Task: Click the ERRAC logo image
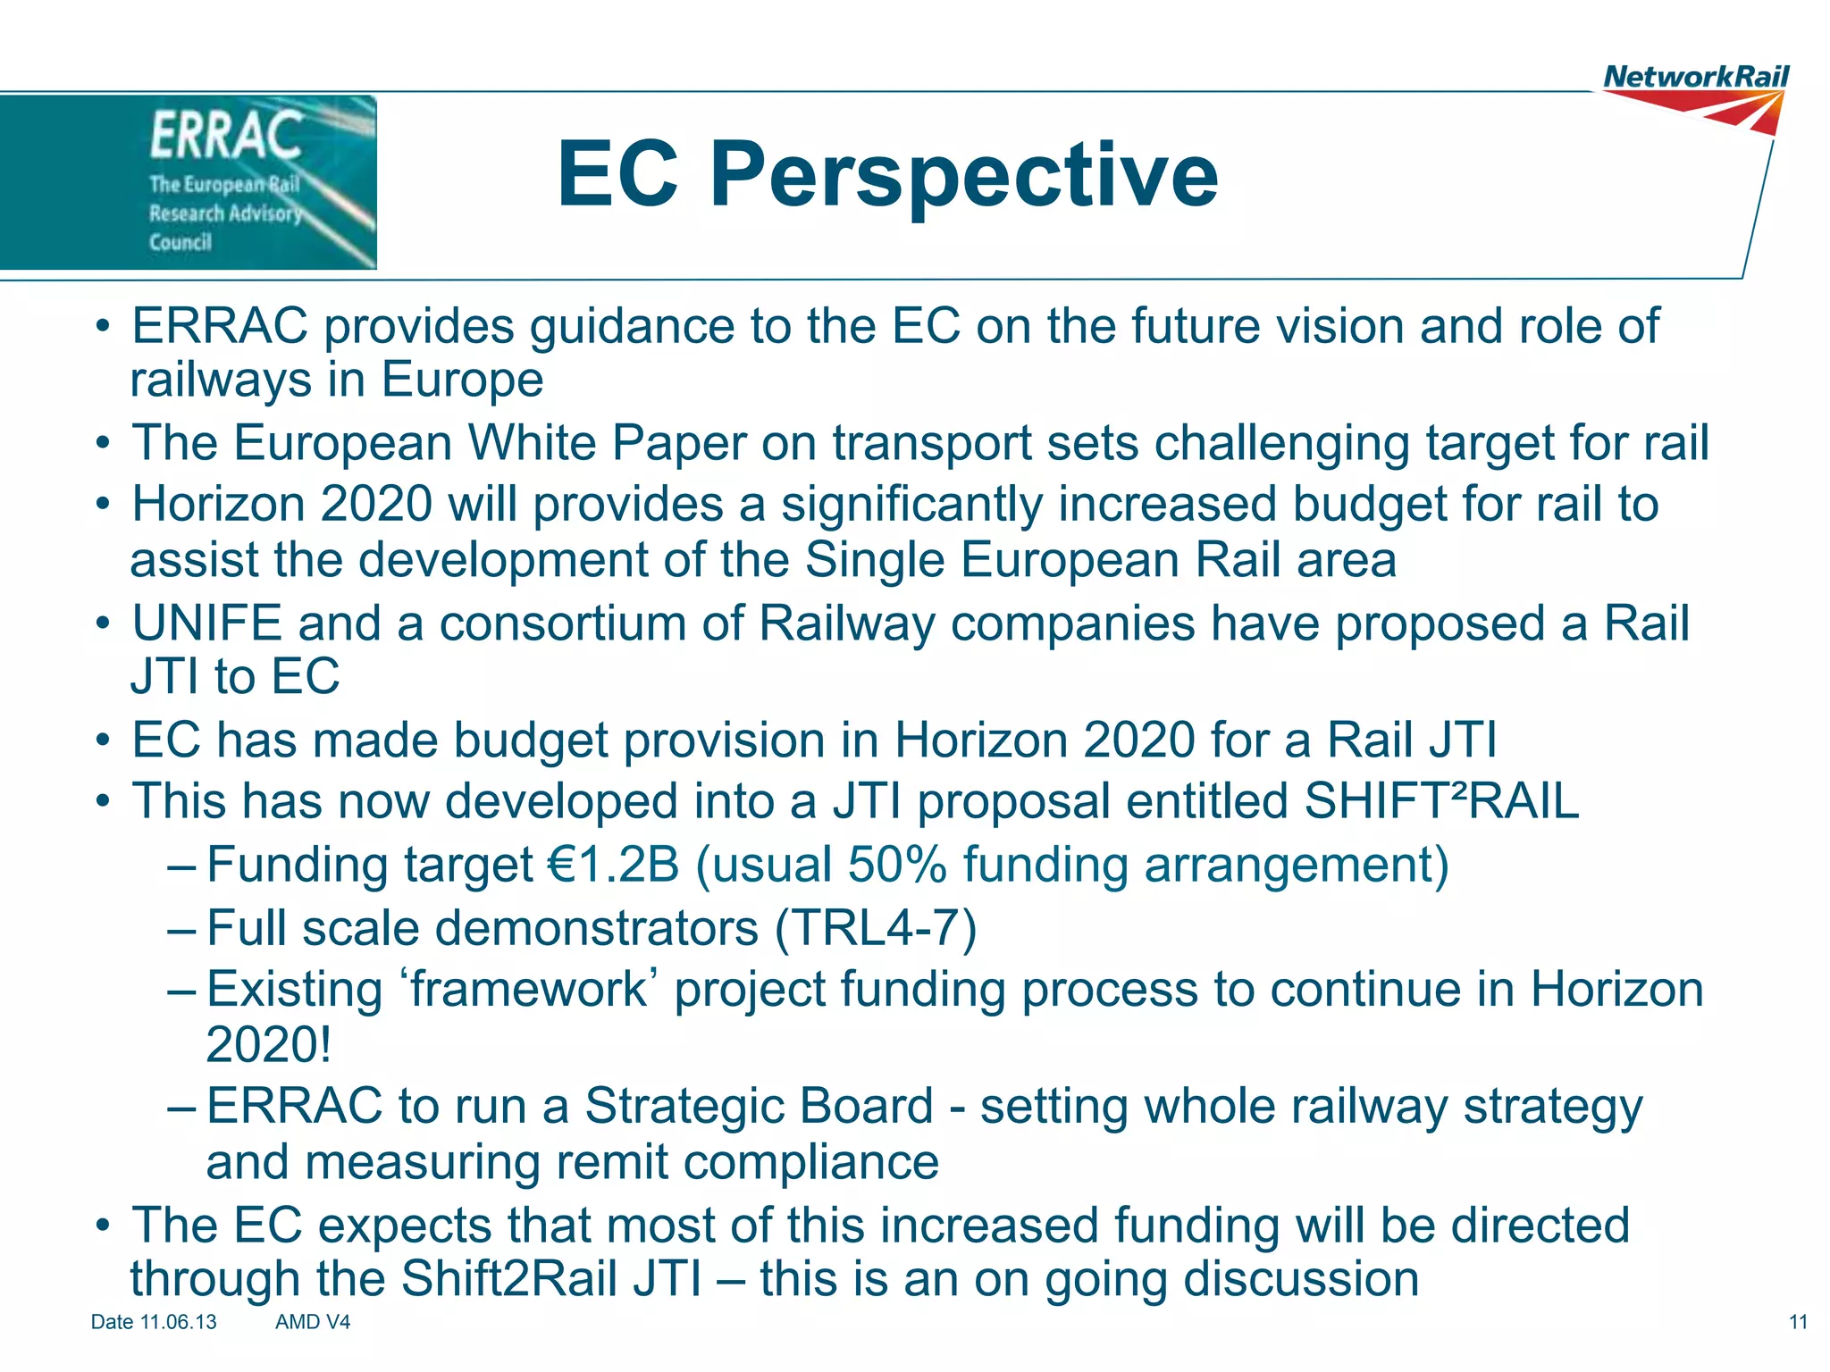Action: click(188, 182)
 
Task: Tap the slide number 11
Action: click(1798, 1322)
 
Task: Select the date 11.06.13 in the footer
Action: click(178, 1322)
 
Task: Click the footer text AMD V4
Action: click(313, 1322)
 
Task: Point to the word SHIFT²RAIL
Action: click(1441, 801)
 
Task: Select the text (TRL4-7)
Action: click(876, 928)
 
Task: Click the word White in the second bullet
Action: click(532, 443)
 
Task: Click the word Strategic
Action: click(759, 1106)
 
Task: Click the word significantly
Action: click(911, 505)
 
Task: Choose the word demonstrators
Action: click(596, 928)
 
